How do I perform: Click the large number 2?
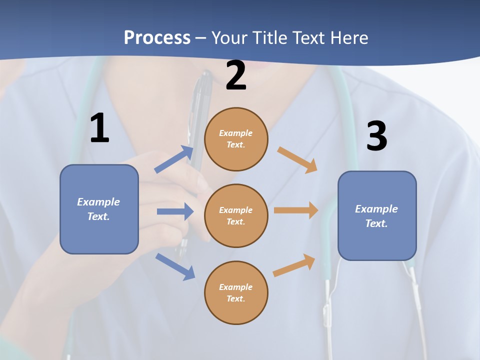coord(236,75)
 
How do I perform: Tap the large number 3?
coord(376,136)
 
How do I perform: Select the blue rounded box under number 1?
coord(99,209)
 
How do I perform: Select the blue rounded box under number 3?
coord(377,216)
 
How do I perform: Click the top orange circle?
coord(236,139)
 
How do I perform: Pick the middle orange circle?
coord(236,215)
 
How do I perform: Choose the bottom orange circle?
coord(236,292)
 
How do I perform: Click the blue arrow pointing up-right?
coord(174,159)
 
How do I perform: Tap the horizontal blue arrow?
coord(175,211)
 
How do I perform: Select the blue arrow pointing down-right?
coord(175,266)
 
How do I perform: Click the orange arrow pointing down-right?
coord(297,160)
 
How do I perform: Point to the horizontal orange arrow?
coord(296,210)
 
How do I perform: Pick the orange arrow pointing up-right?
coord(294,265)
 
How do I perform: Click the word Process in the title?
coord(157,37)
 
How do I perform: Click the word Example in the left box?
coord(98,202)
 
